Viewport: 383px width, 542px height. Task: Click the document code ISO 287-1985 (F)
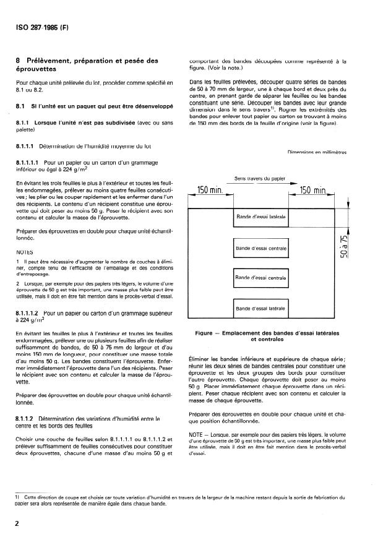point(41,27)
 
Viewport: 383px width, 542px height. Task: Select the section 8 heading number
point(19,61)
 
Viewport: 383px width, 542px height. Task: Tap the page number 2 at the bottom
point(18,524)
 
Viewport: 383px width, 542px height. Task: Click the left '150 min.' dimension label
point(210,190)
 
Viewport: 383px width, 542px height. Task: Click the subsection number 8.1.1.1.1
point(28,161)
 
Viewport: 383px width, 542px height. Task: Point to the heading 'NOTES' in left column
point(25,252)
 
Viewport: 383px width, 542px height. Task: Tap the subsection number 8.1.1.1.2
point(28,314)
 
